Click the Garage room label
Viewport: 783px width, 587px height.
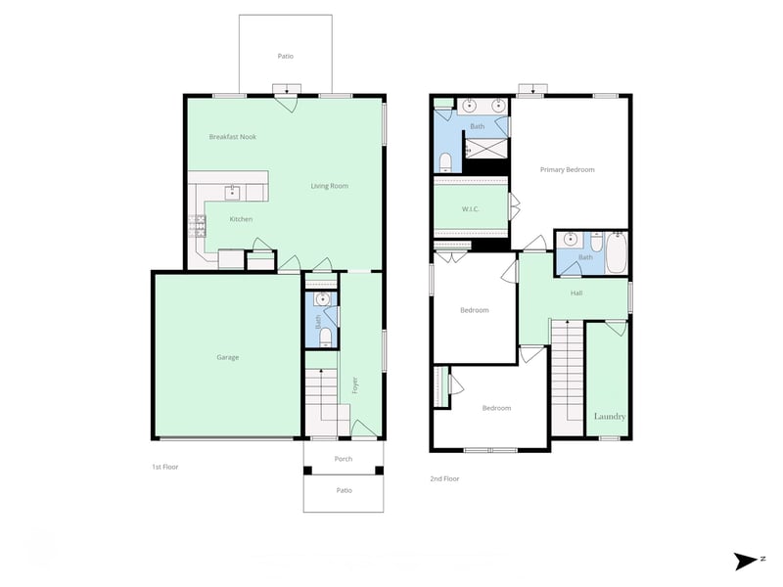point(228,357)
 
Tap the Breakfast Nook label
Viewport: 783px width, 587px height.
point(233,137)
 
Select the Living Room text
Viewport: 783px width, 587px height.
point(330,186)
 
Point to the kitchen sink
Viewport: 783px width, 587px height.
point(232,192)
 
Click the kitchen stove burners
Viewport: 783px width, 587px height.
point(197,226)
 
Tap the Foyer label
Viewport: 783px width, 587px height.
point(355,384)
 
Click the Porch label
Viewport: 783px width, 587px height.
point(344,459)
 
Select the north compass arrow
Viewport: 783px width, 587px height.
point(746,561)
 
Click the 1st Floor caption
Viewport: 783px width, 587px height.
point(165,468)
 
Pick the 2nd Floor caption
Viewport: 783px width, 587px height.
point(444,478)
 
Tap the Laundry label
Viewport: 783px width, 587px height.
point(610,417)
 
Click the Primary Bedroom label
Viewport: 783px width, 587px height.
point(568,169)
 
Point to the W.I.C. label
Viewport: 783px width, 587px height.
point(471,209)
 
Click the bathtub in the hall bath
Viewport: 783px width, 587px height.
point(617,252)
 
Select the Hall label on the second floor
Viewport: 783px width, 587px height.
point(576,293)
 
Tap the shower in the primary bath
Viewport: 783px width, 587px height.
point(486,149)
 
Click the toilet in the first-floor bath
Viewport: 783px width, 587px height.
point(326,337)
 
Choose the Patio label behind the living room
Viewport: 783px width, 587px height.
point(286,57)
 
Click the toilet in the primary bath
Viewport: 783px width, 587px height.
point(445,161)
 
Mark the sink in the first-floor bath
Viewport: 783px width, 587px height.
point(323,299)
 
